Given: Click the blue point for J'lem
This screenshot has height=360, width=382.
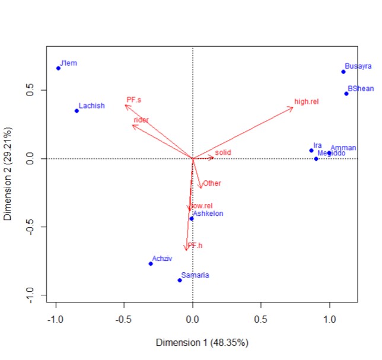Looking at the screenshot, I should click(x=58, y=68).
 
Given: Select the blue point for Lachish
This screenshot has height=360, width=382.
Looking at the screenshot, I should click(x=77, y=111).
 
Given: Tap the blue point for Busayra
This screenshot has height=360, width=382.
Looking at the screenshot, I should click(x=343, y=72).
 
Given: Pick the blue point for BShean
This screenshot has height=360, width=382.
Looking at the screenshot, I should click(x=346, y=93).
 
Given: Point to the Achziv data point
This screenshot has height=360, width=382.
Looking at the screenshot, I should click(x=151, y=263).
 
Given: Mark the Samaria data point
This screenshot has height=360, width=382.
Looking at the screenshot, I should click(x=179, y=280).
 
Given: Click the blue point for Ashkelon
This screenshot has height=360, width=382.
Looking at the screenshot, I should click(x=191, y=219).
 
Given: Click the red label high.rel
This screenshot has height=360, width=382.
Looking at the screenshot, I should click(x=306, y=102).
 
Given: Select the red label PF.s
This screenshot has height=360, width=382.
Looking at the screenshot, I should click(x=133, y=100).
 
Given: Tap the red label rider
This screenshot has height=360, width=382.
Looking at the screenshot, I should click(x=141, y=120).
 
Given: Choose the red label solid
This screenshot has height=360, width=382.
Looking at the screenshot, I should click(x=222, y=152).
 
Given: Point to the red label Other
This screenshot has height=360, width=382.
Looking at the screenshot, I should click(x=212, y=183).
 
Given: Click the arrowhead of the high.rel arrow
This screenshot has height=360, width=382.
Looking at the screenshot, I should click(x=293, y=107).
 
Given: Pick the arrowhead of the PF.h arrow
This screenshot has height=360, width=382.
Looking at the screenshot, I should click(x=186, y=250).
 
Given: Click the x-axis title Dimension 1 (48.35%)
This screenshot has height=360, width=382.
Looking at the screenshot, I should click(x=202, y=343).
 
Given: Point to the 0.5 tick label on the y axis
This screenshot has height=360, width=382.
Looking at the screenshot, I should click(x=28, y=90).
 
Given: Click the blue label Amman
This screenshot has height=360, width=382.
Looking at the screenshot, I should click(x=343, y=148).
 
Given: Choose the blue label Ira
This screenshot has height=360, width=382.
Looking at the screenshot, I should click(x=317, y=145).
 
